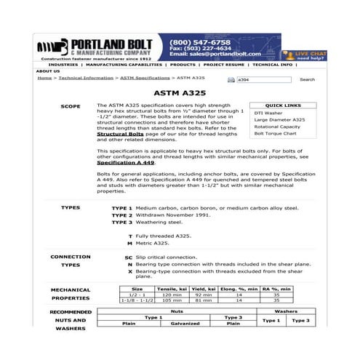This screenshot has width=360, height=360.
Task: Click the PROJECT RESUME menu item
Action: (x=224, y=65)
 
